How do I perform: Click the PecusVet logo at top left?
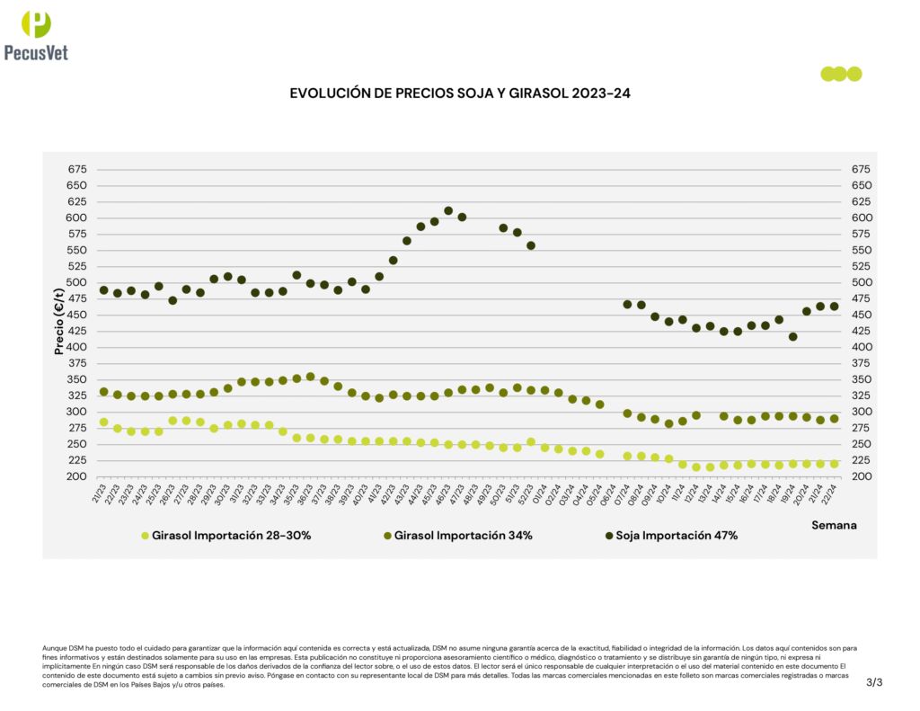[x=36, y=34]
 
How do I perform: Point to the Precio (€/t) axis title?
[x=60, y=321]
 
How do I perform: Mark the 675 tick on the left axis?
[x=77, y=169]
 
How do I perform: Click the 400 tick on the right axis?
[x=851, y=347]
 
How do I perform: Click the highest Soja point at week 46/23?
[x=448, y=211]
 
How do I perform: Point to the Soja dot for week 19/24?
[x=792, y=336]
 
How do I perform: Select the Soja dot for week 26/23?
[x=172, y=300]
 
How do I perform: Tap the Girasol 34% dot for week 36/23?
[x=311, y=377]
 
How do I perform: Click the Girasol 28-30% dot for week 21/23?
[x=104, y=422]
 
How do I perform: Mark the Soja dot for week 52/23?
[x=531, y=245]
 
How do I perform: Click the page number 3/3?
[x=874, y=683]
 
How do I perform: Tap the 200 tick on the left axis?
[x=77, y=476]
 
